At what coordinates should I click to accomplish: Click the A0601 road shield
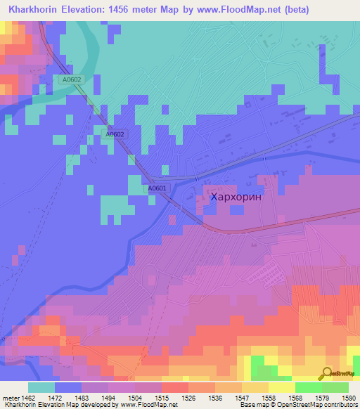point(157,188)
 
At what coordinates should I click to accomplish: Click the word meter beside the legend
point(12,397)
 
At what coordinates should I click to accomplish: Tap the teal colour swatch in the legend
point(41,387)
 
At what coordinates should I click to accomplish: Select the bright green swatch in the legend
point(308,387)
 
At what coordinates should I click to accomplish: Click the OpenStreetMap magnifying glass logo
point(326,373)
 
